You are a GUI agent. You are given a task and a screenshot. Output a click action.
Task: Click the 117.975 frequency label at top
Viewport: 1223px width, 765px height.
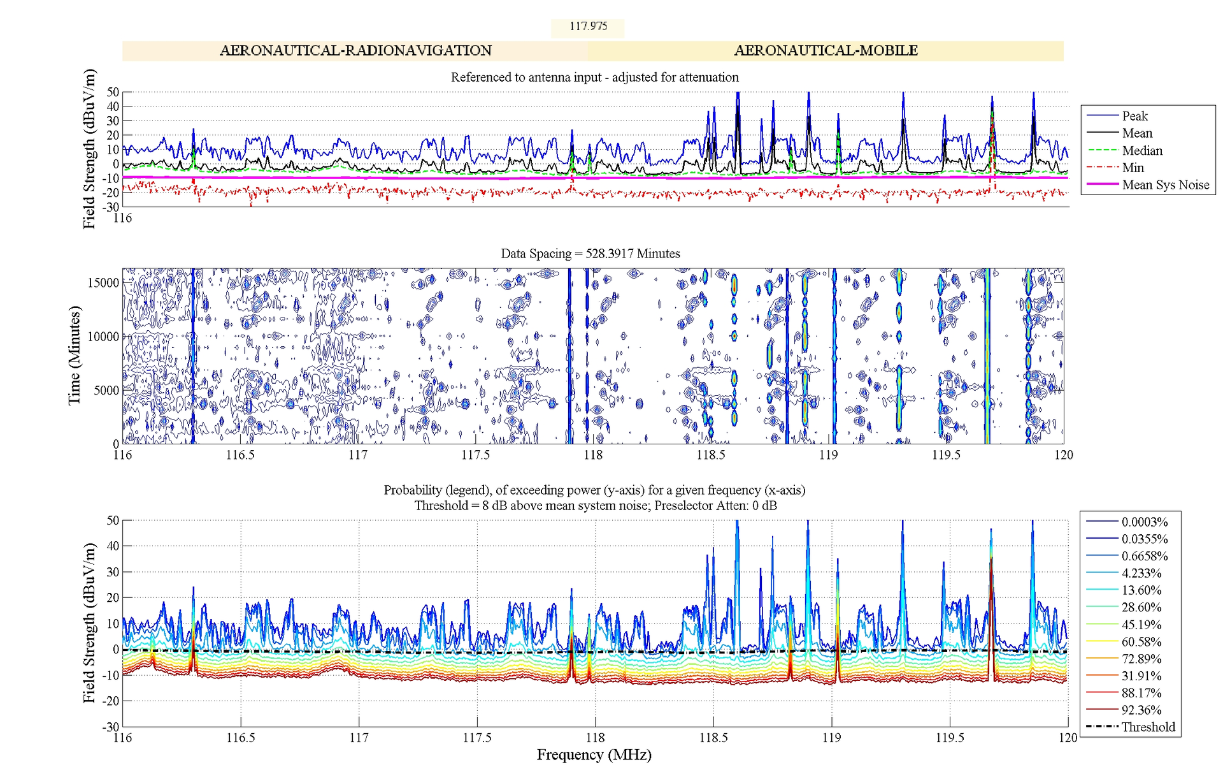(x=588, y=26)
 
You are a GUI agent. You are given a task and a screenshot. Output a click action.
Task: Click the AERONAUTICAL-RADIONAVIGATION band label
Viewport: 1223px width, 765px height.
(x=355, y=50)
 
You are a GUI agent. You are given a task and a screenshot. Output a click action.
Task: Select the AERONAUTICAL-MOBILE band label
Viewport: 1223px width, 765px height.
(x=826, y=50)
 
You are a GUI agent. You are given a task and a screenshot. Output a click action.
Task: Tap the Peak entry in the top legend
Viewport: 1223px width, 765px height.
(x=1134, y=116)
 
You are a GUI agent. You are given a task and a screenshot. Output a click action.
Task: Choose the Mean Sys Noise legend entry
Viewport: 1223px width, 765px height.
(x=1165, y=185)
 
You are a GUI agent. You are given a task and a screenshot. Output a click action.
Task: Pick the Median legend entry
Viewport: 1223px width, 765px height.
(x=1141, y=150)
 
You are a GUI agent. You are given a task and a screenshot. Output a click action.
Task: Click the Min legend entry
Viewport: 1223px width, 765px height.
(x=1133, y=168)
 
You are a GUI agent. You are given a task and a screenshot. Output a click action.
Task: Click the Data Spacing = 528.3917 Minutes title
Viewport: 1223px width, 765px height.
(x=590, y=254)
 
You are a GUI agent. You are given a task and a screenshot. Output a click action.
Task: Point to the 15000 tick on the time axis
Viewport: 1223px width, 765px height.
(x=103, y=282)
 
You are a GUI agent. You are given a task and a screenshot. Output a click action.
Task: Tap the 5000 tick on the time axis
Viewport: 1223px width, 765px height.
(x=106, y=390)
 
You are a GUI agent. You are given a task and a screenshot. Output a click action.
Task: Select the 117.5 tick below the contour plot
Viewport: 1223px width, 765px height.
(x=475, y=455)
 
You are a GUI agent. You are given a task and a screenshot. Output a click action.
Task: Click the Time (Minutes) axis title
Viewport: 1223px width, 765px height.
(x=75, y=355)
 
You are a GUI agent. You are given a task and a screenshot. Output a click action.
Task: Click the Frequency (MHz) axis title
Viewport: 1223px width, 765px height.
(x=594, y=755)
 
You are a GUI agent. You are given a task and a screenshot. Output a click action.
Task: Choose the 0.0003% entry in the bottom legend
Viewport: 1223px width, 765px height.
(x=1144, y=522)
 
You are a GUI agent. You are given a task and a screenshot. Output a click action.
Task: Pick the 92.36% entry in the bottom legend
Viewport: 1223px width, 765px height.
(x=1141, y=710)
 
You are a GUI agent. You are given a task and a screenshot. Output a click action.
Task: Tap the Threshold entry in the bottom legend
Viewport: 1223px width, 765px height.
(x=1148, y=727)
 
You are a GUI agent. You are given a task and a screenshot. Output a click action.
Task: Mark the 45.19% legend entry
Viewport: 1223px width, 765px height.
(x=1141, y=625)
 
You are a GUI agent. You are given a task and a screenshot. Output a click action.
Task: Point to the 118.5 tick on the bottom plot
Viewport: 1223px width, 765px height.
(x=713, y=738)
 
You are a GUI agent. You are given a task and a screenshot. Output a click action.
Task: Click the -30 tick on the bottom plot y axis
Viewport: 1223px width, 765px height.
(x=111, y=727)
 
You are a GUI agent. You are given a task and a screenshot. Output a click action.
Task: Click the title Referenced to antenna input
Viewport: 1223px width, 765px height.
(x=594, y=77)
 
